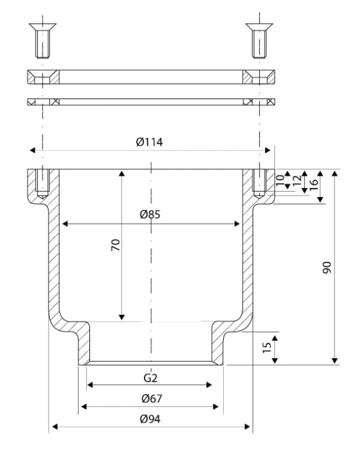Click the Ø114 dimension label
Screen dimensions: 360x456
point(150,142)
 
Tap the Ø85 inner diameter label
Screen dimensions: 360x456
point(150,215)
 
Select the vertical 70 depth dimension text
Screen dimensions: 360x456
point(116,245)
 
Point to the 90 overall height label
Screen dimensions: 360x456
point(327,268)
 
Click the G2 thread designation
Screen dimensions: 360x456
point(151,378)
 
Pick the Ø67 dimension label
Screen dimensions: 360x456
point(152,398)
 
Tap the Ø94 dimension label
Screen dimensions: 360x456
point(150,419)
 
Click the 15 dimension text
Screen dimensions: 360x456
point(267,348)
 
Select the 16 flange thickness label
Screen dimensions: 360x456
point(313,185)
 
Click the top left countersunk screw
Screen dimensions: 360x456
point(43,40)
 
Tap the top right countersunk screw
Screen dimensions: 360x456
point(259,40)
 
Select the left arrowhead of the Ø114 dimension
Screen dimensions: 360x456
point(33,150)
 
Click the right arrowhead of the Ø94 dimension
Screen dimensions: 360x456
point(247,427)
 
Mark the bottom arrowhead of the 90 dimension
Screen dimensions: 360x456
point(335,361)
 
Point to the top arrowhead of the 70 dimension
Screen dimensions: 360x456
point(122,174)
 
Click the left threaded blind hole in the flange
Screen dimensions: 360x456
point(43,184)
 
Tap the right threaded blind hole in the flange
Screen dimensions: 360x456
point(259,184)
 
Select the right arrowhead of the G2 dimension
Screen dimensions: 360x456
point(209,385)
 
